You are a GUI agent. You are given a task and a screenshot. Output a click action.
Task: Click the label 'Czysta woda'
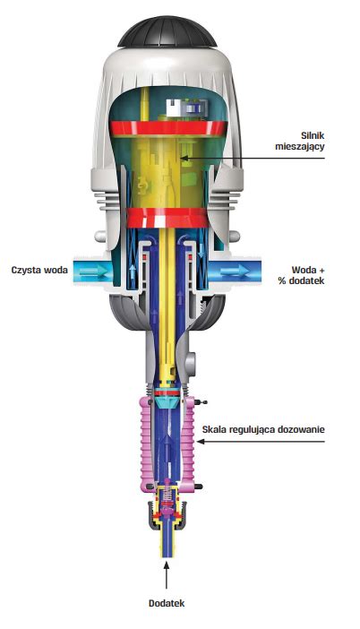point(39,270)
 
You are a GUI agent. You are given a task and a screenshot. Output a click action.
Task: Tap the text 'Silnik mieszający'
point(300,141)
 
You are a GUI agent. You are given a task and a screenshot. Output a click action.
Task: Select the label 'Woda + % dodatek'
point(302,275)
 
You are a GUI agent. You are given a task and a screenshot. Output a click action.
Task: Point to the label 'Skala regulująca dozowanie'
point(263,429)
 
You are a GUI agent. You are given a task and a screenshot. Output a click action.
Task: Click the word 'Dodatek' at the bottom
point(167,603)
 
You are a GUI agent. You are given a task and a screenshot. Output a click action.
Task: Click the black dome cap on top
point(167,32)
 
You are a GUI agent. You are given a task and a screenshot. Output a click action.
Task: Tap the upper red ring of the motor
point(168,128)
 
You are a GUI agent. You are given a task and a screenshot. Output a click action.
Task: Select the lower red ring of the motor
point(167,218)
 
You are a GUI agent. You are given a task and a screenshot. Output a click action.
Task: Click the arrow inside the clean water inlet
point(93,272)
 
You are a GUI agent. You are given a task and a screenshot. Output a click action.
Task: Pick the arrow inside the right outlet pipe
point(236,272)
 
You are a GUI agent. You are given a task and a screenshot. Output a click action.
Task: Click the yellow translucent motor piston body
point(167,172)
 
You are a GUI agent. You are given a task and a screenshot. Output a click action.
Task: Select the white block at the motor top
point(176,108)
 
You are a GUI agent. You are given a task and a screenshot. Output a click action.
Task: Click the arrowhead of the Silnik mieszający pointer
point(184,159)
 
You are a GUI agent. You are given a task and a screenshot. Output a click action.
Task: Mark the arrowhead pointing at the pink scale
point(201,441)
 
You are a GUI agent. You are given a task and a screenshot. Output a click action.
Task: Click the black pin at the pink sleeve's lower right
point(198,487)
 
